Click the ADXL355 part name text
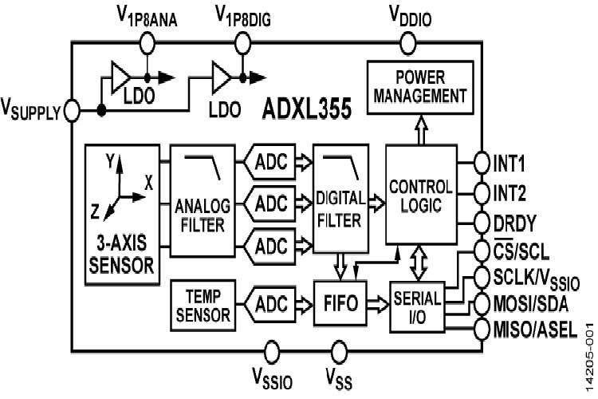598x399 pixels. [307, 109]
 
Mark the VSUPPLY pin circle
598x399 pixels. [71, 110]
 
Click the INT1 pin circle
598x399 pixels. [481, 161]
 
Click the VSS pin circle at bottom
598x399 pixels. [340, 350]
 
